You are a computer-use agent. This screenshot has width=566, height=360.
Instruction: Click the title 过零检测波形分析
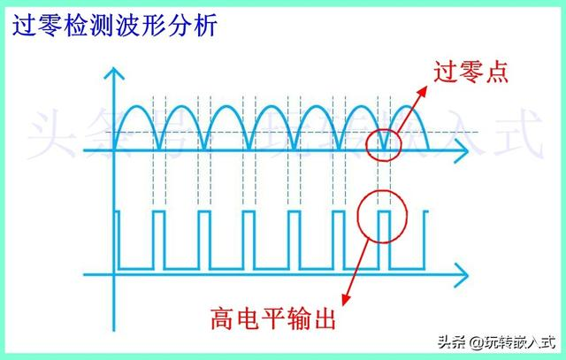(x=115, y=26)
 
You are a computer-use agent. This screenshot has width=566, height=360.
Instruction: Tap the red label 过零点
(x=471, y=73)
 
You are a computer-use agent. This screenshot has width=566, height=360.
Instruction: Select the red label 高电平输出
(x=273, y=318)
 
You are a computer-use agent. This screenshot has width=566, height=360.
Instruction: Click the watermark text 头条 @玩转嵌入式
(x=496, y=341)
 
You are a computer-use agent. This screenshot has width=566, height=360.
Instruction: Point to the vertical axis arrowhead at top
(x=114, y=73)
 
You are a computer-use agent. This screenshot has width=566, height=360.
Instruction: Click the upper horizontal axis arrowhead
(x=461, y=150)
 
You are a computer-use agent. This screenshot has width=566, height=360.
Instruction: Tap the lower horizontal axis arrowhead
(x=461, y=275)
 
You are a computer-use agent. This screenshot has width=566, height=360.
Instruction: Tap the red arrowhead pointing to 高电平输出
(x=346, y=299)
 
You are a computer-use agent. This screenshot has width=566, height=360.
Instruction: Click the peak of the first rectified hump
(x=136, y=106)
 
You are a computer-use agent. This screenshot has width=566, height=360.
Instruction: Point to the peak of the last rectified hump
(x=407, y=106)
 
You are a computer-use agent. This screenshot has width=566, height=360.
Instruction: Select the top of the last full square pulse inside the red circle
(x=384, y=212)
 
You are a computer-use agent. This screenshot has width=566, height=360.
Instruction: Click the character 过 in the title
(x=24, y=26)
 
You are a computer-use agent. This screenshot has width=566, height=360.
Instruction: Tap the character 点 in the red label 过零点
(x=497, y=73)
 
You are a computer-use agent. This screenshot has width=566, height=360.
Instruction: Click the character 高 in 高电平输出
(x=222, y=318)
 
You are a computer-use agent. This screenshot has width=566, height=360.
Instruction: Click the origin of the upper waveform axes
(x=114, y=150)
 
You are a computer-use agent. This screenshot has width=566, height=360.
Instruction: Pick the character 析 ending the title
(x=206, y=26)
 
